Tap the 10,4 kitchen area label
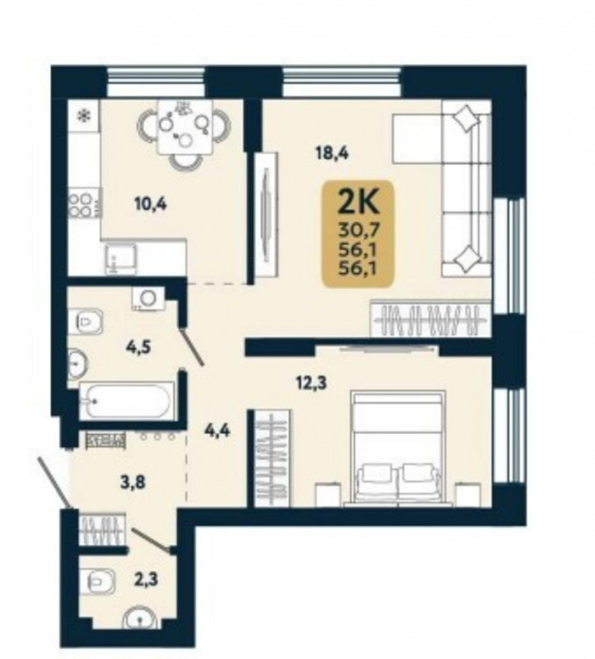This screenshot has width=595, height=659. [150, 205]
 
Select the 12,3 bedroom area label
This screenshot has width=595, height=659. [311, 384]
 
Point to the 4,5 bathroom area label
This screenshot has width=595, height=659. [139, 348]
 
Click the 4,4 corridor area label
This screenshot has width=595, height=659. [217, 431]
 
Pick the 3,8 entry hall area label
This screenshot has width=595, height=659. [133, 483]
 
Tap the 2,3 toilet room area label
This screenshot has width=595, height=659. [144, 580]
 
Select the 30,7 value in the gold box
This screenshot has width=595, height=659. [359, 230]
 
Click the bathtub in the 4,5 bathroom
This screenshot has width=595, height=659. [127, 401]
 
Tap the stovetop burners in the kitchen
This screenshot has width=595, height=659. [80, 205]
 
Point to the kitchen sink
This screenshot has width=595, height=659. [121, 258]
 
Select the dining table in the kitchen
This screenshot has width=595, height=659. [185, 126]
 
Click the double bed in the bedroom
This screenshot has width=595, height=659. [398, 447]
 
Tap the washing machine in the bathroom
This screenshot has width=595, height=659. [148, 298]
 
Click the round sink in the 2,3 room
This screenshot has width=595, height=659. [140, 619]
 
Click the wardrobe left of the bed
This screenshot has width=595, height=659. [272, 458]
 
